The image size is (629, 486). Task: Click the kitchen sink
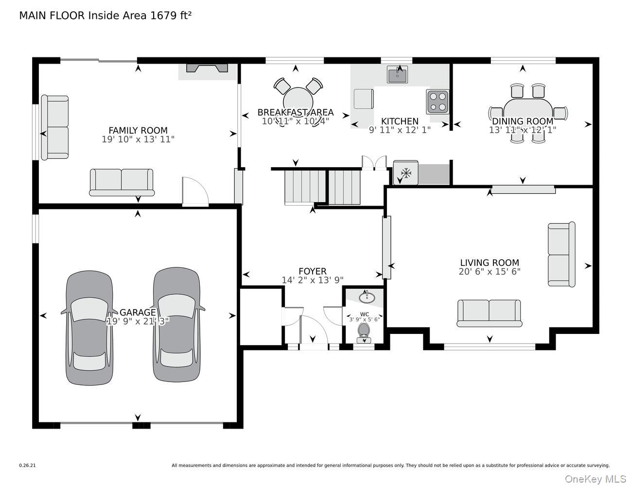(x=397, y=74)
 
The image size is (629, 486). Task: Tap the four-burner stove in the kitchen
(x=437, y=101)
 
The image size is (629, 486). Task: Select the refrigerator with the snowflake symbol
(x=405, y=173)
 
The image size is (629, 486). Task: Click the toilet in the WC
(x=364, y=333)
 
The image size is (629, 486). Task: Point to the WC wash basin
(x=367, y=297)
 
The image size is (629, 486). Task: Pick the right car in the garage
(x=176, y=324)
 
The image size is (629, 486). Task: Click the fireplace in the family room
(x=207, y=68)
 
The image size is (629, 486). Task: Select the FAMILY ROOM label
(x=138, y=130)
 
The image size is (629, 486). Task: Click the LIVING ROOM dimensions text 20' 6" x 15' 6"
(x=489, y=271)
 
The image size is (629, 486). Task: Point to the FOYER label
(x=313, y=271)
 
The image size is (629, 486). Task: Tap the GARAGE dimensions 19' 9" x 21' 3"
(x=138, y=321)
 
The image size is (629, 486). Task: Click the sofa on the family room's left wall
(x=55, y=127)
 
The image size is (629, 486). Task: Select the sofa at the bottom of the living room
(x=489, y=313)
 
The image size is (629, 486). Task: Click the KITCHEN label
(x=400, y=121)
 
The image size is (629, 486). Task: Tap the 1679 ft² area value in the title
(x=171, y=15)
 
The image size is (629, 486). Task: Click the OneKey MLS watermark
(x=596, y=479)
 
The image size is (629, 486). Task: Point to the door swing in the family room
(x=195, y=191)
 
